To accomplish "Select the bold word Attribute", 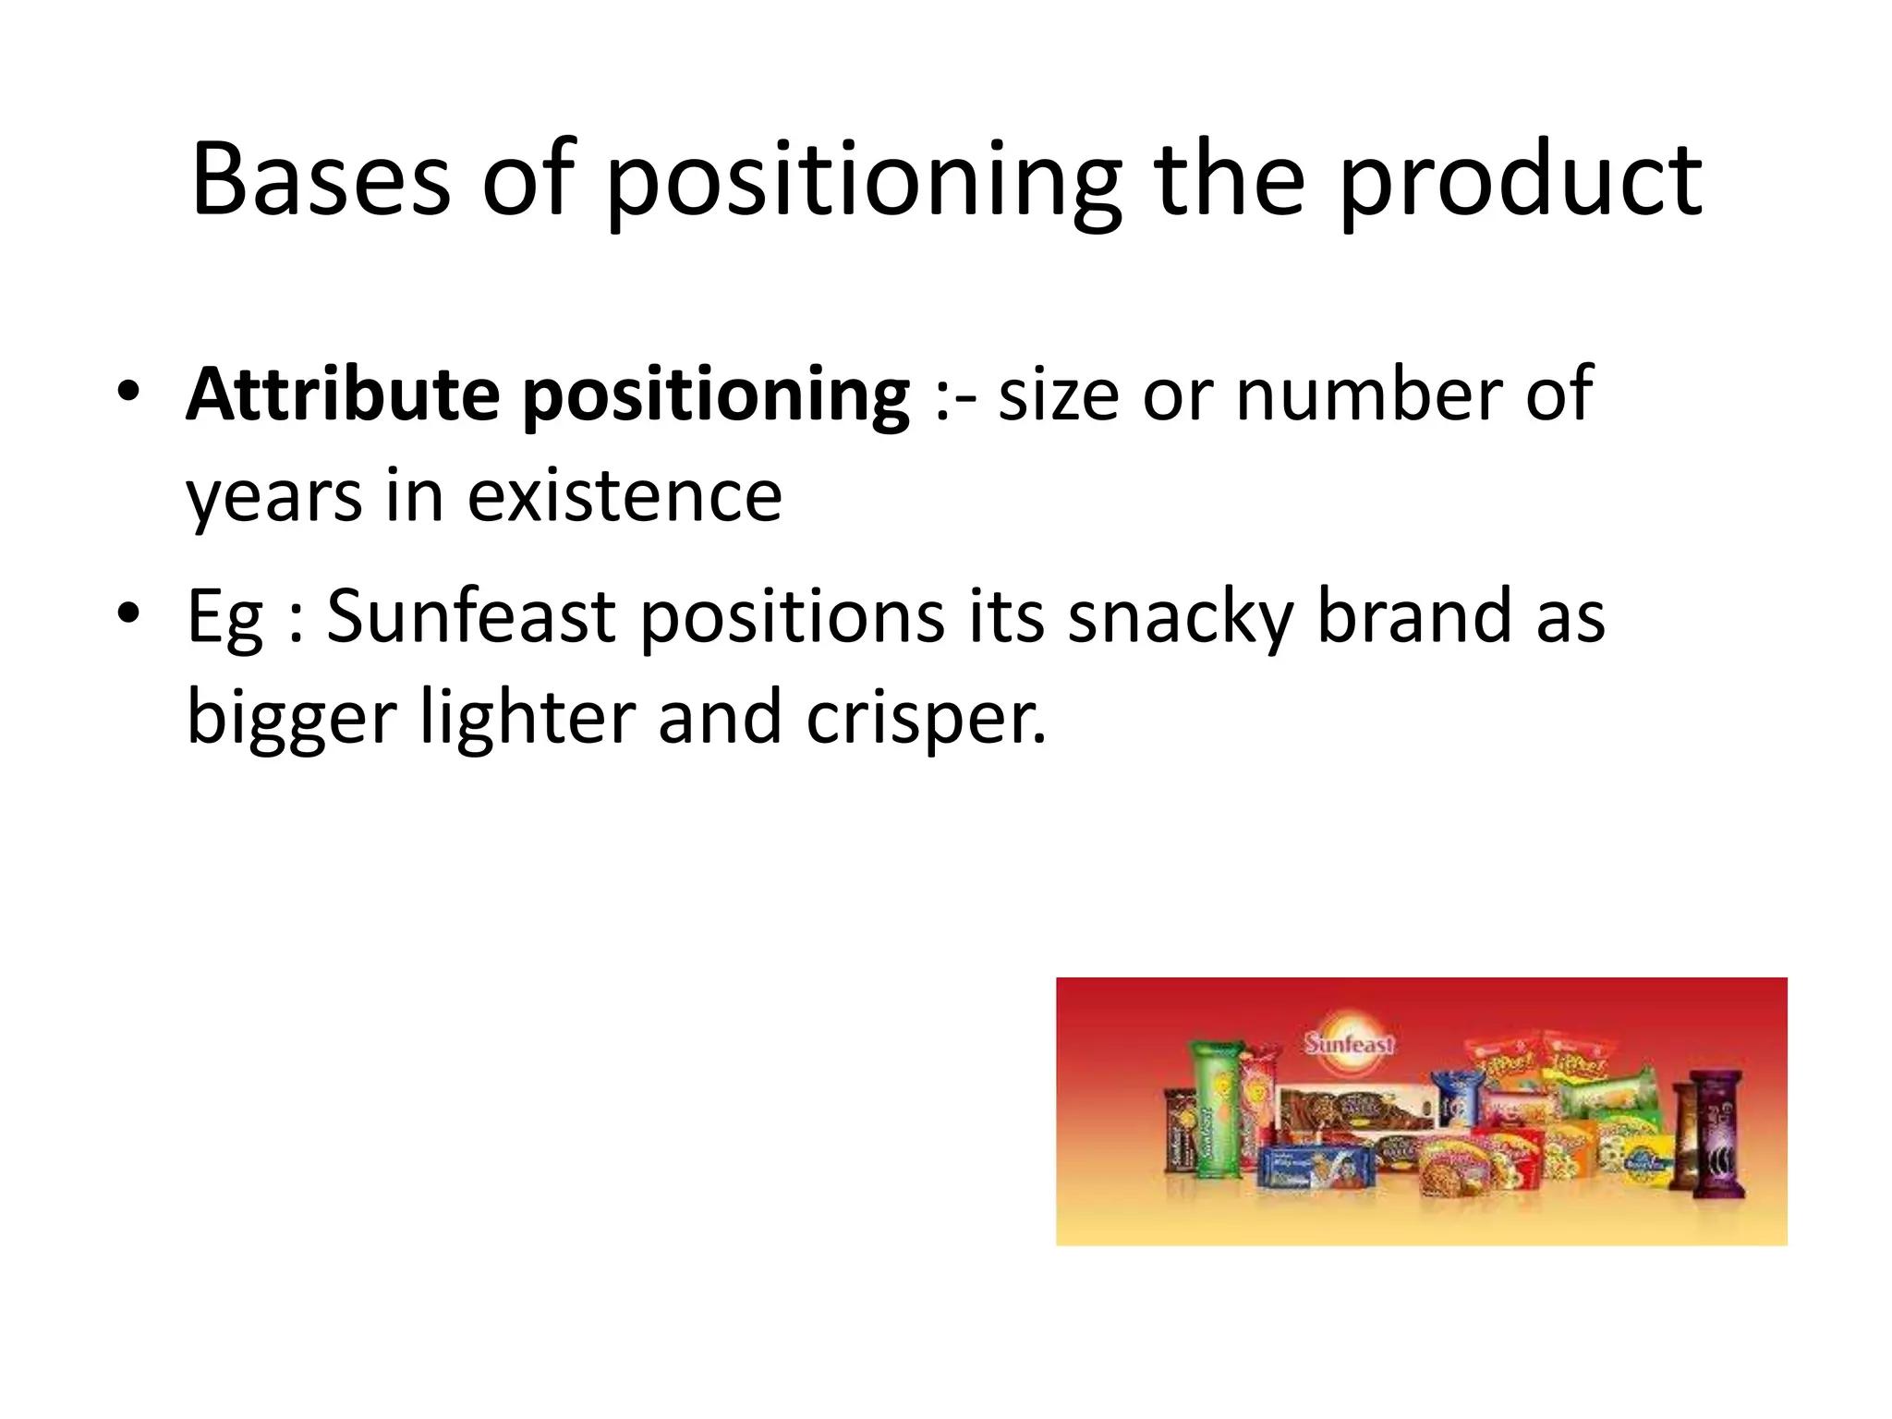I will [343, 395].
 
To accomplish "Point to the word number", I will [1367, 395].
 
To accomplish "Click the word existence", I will [625, 497].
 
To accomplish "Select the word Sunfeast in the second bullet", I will [471, 616].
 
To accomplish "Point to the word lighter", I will [527, 719].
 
